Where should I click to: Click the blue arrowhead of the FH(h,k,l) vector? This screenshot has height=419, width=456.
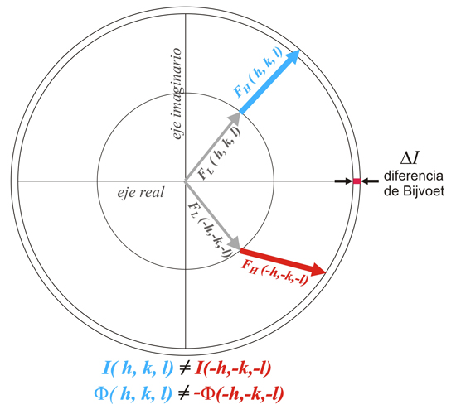(x=292, y=57)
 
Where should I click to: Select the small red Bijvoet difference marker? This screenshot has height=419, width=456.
(x=357, y=181)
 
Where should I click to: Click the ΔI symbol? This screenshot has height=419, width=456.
(x=410, y=158)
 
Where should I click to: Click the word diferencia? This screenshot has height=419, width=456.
(x=414, y=176)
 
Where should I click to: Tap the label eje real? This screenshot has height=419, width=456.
(x=141, y=192)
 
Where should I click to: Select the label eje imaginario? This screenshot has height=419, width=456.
(x=177, y=94)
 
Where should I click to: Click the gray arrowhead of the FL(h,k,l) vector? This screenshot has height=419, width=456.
(x=235, y=119)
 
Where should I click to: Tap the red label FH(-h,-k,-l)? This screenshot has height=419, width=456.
(x=274, y=272)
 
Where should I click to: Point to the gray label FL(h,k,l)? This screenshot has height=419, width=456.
(x=220, y=153)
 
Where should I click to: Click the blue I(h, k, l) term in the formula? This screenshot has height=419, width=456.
(x=138, y=368)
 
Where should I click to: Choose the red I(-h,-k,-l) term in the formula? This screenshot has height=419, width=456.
(x=234, y=368)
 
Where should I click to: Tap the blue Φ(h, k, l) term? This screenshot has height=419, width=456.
(x=133, y=394)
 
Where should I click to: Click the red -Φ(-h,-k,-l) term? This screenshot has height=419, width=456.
(x=239, y=394)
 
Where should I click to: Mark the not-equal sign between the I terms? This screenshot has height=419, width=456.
(x=185, y=368)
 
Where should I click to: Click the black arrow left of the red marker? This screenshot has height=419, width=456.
(x=343, y=181)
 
